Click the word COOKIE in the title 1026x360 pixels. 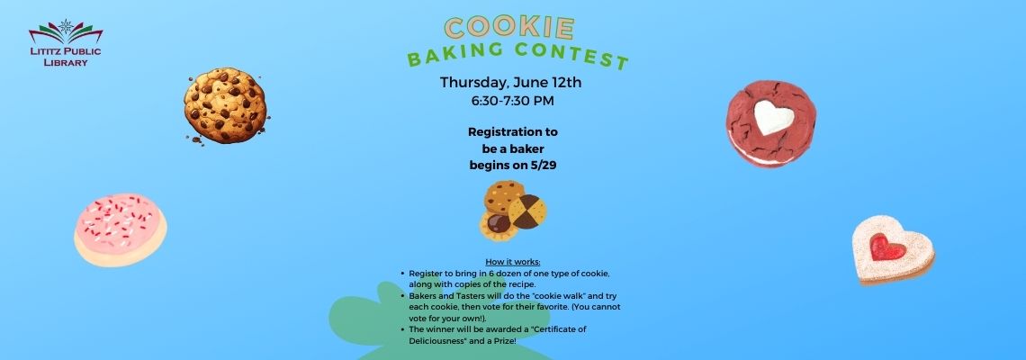tap(509, 28)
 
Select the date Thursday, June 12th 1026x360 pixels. tap(510, 83)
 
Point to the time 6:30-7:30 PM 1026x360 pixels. tap(512, 101)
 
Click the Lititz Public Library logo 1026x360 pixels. tap(66, 42)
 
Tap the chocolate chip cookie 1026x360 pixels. tap(225, 104)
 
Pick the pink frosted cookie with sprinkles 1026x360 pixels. tap(120, 229)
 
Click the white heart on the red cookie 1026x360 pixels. tap(773, 116)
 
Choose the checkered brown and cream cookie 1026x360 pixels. tap(527, 211)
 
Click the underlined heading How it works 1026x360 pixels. tap(513, 263)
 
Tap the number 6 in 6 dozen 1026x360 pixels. tap(491, 273)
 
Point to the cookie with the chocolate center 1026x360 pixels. tap(499, 224)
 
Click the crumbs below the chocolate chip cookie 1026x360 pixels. tap(196, 139)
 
